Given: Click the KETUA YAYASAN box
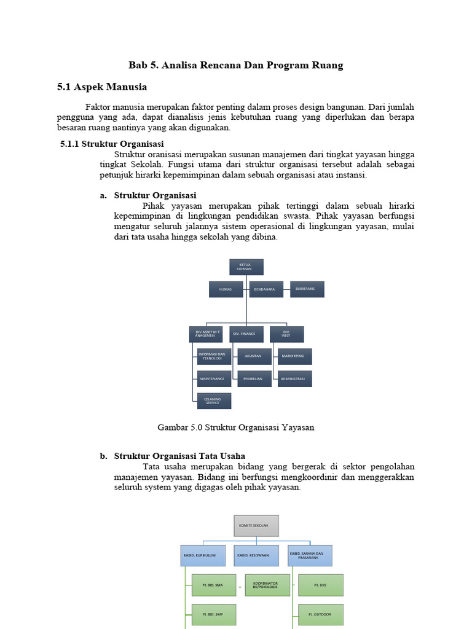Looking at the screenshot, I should pyautogui.click(x=246, y=267).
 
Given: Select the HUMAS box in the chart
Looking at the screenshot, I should pyautogui.click(x=226, y=289).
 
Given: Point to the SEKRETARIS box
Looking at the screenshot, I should pyautogui.click(x=307, y=289).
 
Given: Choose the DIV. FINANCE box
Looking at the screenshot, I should pyautogui.click(x=246, y=334).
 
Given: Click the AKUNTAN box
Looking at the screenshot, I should pyautogui.click(x=254, y=356).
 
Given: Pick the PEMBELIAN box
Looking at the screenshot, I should pyautogui.click(x=254, y=378).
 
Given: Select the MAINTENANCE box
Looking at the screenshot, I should pyautogui.click(x=214, y=378).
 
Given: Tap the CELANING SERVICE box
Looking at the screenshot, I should pyautogui.click(x=214, y=401).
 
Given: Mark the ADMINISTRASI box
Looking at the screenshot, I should pyautogui.click(x=294, y=378).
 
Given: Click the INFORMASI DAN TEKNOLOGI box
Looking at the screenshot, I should pyautogui.click(x=214, y=356).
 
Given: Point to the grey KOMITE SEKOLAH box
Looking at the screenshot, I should pyautogui.click(x=256, y=526).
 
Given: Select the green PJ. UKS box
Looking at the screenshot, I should pyautogui.click(x=321, y=585).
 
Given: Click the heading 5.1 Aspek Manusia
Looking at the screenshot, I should pyautogui.click(x=102, y=87).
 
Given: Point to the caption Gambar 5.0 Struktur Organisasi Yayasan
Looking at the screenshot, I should pyautogui.click(x=236, y=428).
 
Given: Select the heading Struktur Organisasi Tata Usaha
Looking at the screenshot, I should pyautogui.click(x=179, y=456).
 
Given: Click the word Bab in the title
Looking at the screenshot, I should pyautogui.click(x=137, y=65).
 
